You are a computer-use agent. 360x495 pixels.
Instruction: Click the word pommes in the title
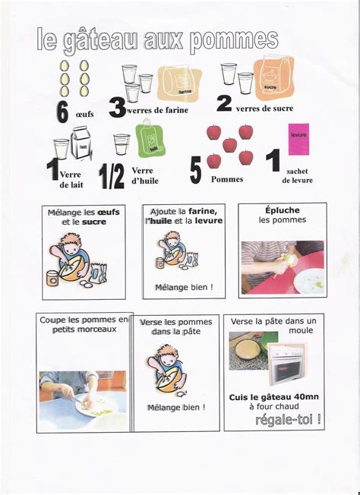click(234, 41)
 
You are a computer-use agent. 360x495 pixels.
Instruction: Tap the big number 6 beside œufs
click(63, 112)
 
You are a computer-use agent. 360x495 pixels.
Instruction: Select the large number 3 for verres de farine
click(118, 108)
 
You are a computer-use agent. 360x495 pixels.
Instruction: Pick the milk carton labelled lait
click(81, 143)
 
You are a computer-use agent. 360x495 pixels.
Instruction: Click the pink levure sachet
click(298, 139)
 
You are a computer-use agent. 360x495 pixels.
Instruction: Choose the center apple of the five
click(229, 145)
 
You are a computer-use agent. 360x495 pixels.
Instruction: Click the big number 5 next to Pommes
click(195, 172)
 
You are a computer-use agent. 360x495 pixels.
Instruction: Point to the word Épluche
click(283, 210)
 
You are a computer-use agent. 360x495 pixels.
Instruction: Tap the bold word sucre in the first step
click(94, 222)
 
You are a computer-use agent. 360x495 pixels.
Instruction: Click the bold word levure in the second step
click(208, 220)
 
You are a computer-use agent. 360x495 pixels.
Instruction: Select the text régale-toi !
click(288, 420)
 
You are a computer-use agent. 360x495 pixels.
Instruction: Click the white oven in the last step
click(286, 364)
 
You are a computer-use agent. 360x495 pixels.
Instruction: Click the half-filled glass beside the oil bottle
click(122, 144)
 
